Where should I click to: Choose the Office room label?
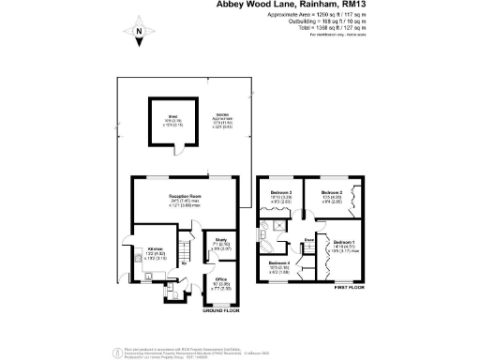221,279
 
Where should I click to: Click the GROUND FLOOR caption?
220,310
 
